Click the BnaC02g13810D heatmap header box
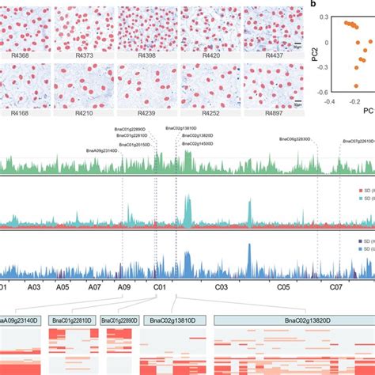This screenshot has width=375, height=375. tap(177, 320)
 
